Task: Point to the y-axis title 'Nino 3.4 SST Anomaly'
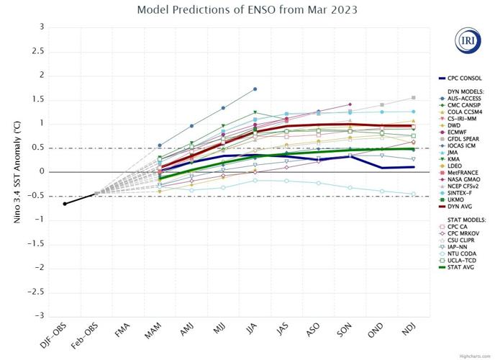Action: pos(16,171)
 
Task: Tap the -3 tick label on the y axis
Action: pos(40,315)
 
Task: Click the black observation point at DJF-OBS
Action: pos(65,204)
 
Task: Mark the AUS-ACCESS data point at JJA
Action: pos(255,89)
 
